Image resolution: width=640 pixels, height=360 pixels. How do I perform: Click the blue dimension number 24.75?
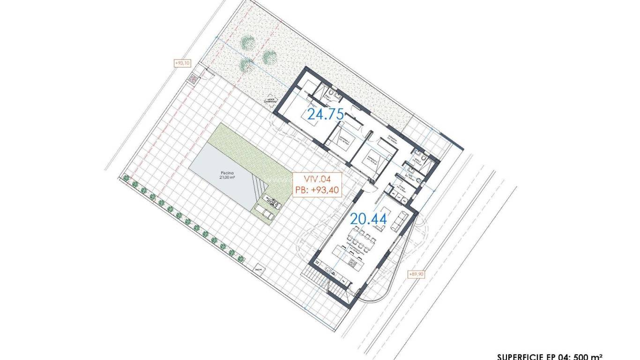click(326, 114)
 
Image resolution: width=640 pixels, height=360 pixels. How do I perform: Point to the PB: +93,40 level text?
click(317, 190)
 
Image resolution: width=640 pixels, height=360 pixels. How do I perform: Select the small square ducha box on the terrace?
click(258, 270)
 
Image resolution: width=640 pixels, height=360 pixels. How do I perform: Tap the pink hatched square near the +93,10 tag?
click(192, 79)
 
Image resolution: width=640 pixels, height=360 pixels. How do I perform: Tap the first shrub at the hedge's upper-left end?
click(125, 177)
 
